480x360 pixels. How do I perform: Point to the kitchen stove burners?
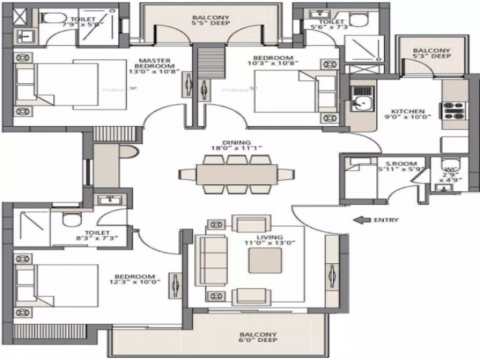455,111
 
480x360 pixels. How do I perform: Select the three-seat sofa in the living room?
211,261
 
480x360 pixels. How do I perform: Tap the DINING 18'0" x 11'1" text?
237,145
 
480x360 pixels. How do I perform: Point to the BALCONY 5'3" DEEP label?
432,53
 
